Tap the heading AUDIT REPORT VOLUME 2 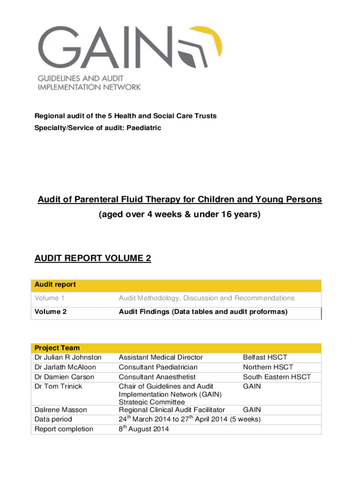93,258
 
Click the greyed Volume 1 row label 47,298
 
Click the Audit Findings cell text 203,312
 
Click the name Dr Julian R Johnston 68,357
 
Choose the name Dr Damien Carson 65,377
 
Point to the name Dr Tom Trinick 58,386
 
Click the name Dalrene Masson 61,410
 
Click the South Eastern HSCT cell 276,377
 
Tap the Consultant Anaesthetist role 157,377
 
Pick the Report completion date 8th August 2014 144,429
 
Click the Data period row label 53,419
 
